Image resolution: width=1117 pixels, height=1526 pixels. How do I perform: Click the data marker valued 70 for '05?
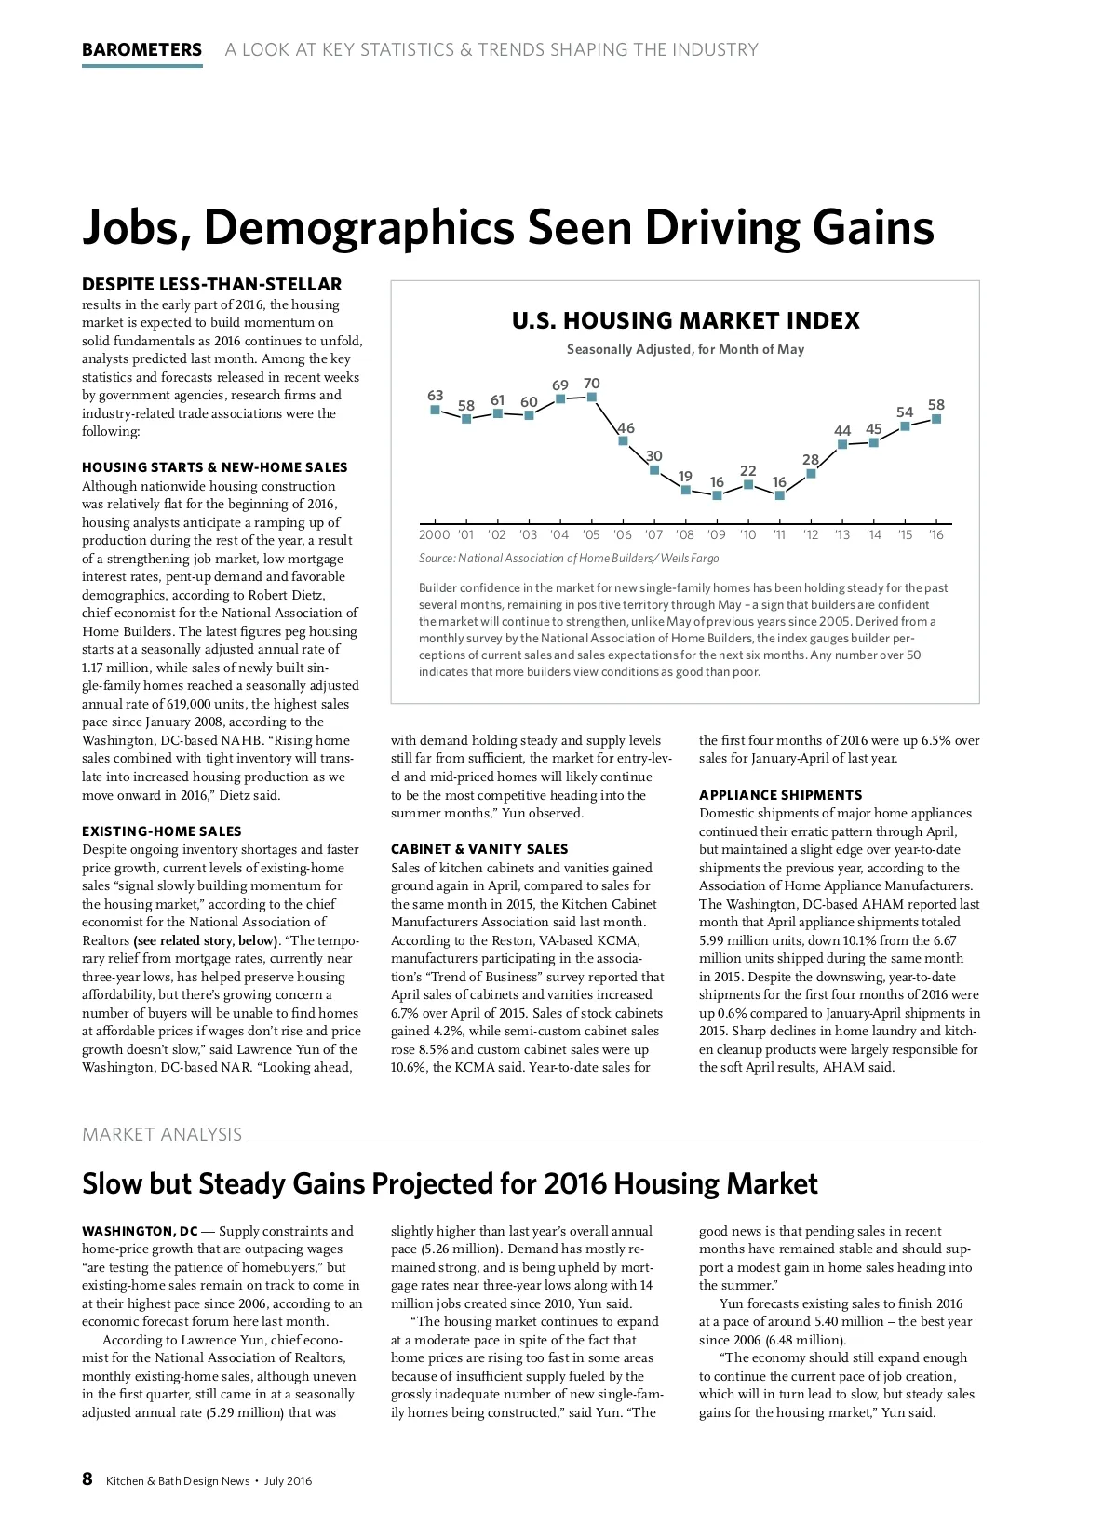592,398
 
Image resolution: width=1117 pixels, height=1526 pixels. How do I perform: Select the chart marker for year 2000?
435,410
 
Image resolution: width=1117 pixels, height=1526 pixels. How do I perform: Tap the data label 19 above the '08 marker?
685,476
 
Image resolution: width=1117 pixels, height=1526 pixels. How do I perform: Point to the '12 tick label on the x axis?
811,535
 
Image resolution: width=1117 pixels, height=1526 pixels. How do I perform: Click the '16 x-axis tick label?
936,535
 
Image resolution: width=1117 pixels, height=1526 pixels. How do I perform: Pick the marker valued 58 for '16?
936,419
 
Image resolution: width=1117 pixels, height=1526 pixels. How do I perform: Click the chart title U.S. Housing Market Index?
685,321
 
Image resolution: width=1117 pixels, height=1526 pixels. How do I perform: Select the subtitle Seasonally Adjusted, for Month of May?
685,350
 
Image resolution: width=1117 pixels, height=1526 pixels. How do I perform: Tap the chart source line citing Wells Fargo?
569,559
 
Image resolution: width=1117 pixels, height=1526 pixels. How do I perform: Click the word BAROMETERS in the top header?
141,50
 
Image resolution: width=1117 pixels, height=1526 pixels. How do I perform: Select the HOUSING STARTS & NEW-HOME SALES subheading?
214,467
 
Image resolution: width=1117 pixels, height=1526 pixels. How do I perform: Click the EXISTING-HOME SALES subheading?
162,831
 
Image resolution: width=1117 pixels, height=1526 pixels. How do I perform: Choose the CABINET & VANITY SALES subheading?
479,849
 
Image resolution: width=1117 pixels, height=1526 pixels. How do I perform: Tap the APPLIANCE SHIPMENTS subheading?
781,795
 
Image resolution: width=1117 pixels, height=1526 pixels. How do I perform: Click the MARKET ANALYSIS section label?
162,1135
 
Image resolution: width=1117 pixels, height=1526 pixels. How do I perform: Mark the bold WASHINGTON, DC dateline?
140,1232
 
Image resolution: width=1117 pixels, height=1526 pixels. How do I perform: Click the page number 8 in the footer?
87,1479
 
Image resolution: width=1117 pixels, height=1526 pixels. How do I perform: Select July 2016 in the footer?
288,1481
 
